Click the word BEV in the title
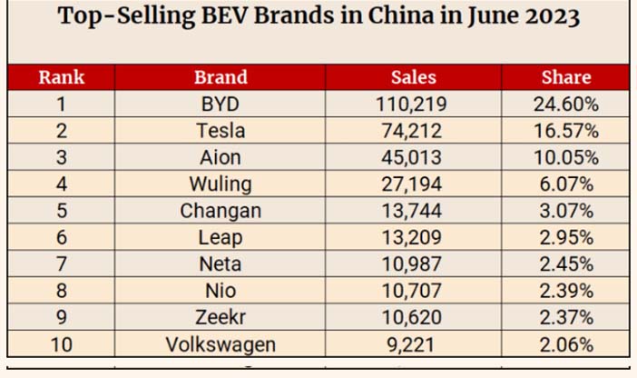pos(224,16)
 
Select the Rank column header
pos(62,77)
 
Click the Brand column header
pos(220,77)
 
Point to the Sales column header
pos(414,77)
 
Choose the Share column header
pos(566,77)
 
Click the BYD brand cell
pos(220,104)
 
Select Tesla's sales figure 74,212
pos(412,131)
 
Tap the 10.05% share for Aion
pos(566,157)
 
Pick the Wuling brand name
pos(220,184)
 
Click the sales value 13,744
pos(412,211)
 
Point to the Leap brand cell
pos(220,238)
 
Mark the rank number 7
pos(62,264)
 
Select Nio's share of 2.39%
pos(566,291)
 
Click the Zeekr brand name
pos(220,317)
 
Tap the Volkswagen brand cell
pos(220,344)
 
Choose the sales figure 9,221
pos(411,344)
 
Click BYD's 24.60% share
pos(566,104)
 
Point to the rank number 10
pos(62,344)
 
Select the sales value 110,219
pos(412,104)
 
